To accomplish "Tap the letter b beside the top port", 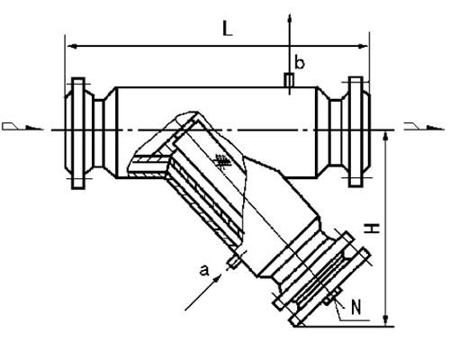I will tap(301, 63).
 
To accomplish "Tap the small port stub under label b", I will tap(289, 80).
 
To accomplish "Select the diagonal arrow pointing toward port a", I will tap(203, 293).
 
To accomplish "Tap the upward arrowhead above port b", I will tap(289, 17).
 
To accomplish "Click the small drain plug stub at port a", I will tap(233, 261).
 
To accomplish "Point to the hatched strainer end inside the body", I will tap(150, 162).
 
